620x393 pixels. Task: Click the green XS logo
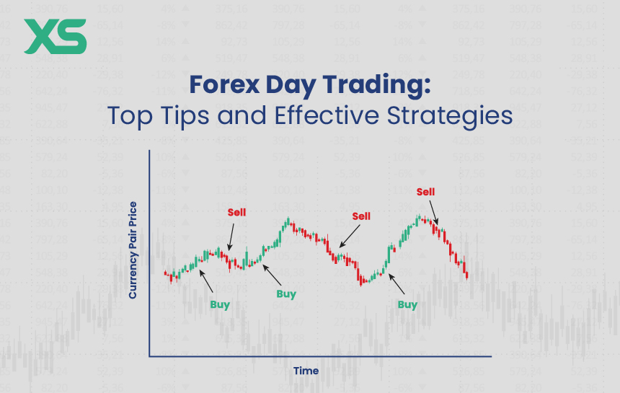55,36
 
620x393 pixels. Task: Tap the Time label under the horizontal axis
306,371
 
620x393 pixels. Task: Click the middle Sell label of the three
360,216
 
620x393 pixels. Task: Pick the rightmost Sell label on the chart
425,191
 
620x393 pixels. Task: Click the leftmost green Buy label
220,304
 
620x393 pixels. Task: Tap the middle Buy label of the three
286,294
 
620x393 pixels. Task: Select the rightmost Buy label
407,304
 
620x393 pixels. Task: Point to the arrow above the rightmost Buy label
397,284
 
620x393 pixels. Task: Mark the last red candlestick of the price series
467,274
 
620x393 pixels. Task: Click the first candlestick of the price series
166,273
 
